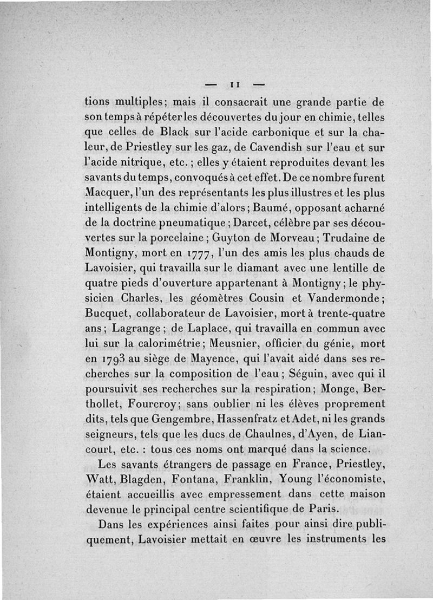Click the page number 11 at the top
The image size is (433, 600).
pyautogui.click(x=234, y=84)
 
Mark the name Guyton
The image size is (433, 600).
pyautogui.click(x=223, y=237)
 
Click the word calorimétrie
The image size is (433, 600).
pyautogui.click(x=173, y=343)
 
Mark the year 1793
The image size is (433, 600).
pyautogui.click(x=113, y=359)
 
